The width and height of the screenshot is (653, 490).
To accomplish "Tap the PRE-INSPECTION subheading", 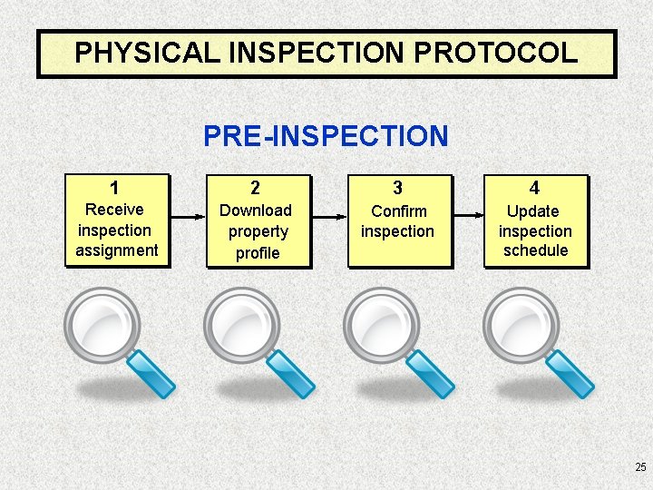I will [x=326, y=136].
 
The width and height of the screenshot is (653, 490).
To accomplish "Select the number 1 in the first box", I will [x=114, y=189].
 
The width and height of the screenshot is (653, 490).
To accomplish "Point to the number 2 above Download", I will [x=256, y=189].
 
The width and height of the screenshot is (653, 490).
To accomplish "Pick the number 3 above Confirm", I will [x=397, y=189].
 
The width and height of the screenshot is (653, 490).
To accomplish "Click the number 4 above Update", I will [x=535, y=189].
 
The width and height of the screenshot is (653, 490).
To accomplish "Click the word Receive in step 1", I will [x=114, y=210].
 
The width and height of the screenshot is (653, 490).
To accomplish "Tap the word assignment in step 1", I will [x=117, y=250].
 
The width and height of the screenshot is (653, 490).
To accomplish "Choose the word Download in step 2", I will [x=256, y=211].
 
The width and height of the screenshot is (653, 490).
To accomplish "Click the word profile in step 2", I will [x=258, y=253].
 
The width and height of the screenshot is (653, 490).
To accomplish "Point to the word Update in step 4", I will [x=533, y=211].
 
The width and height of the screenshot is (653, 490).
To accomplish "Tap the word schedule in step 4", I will [x=535, y=250].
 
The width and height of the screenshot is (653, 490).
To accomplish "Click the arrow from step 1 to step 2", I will [x=187, y=217].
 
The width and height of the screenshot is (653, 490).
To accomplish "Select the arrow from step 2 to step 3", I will [x=328, y=217].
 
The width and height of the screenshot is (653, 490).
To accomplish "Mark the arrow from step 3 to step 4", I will [x=468, y=216].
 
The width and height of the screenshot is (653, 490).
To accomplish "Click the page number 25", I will [x=640, y=467].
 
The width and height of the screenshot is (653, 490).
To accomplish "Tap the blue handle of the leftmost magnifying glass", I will [x=151, y=374].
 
